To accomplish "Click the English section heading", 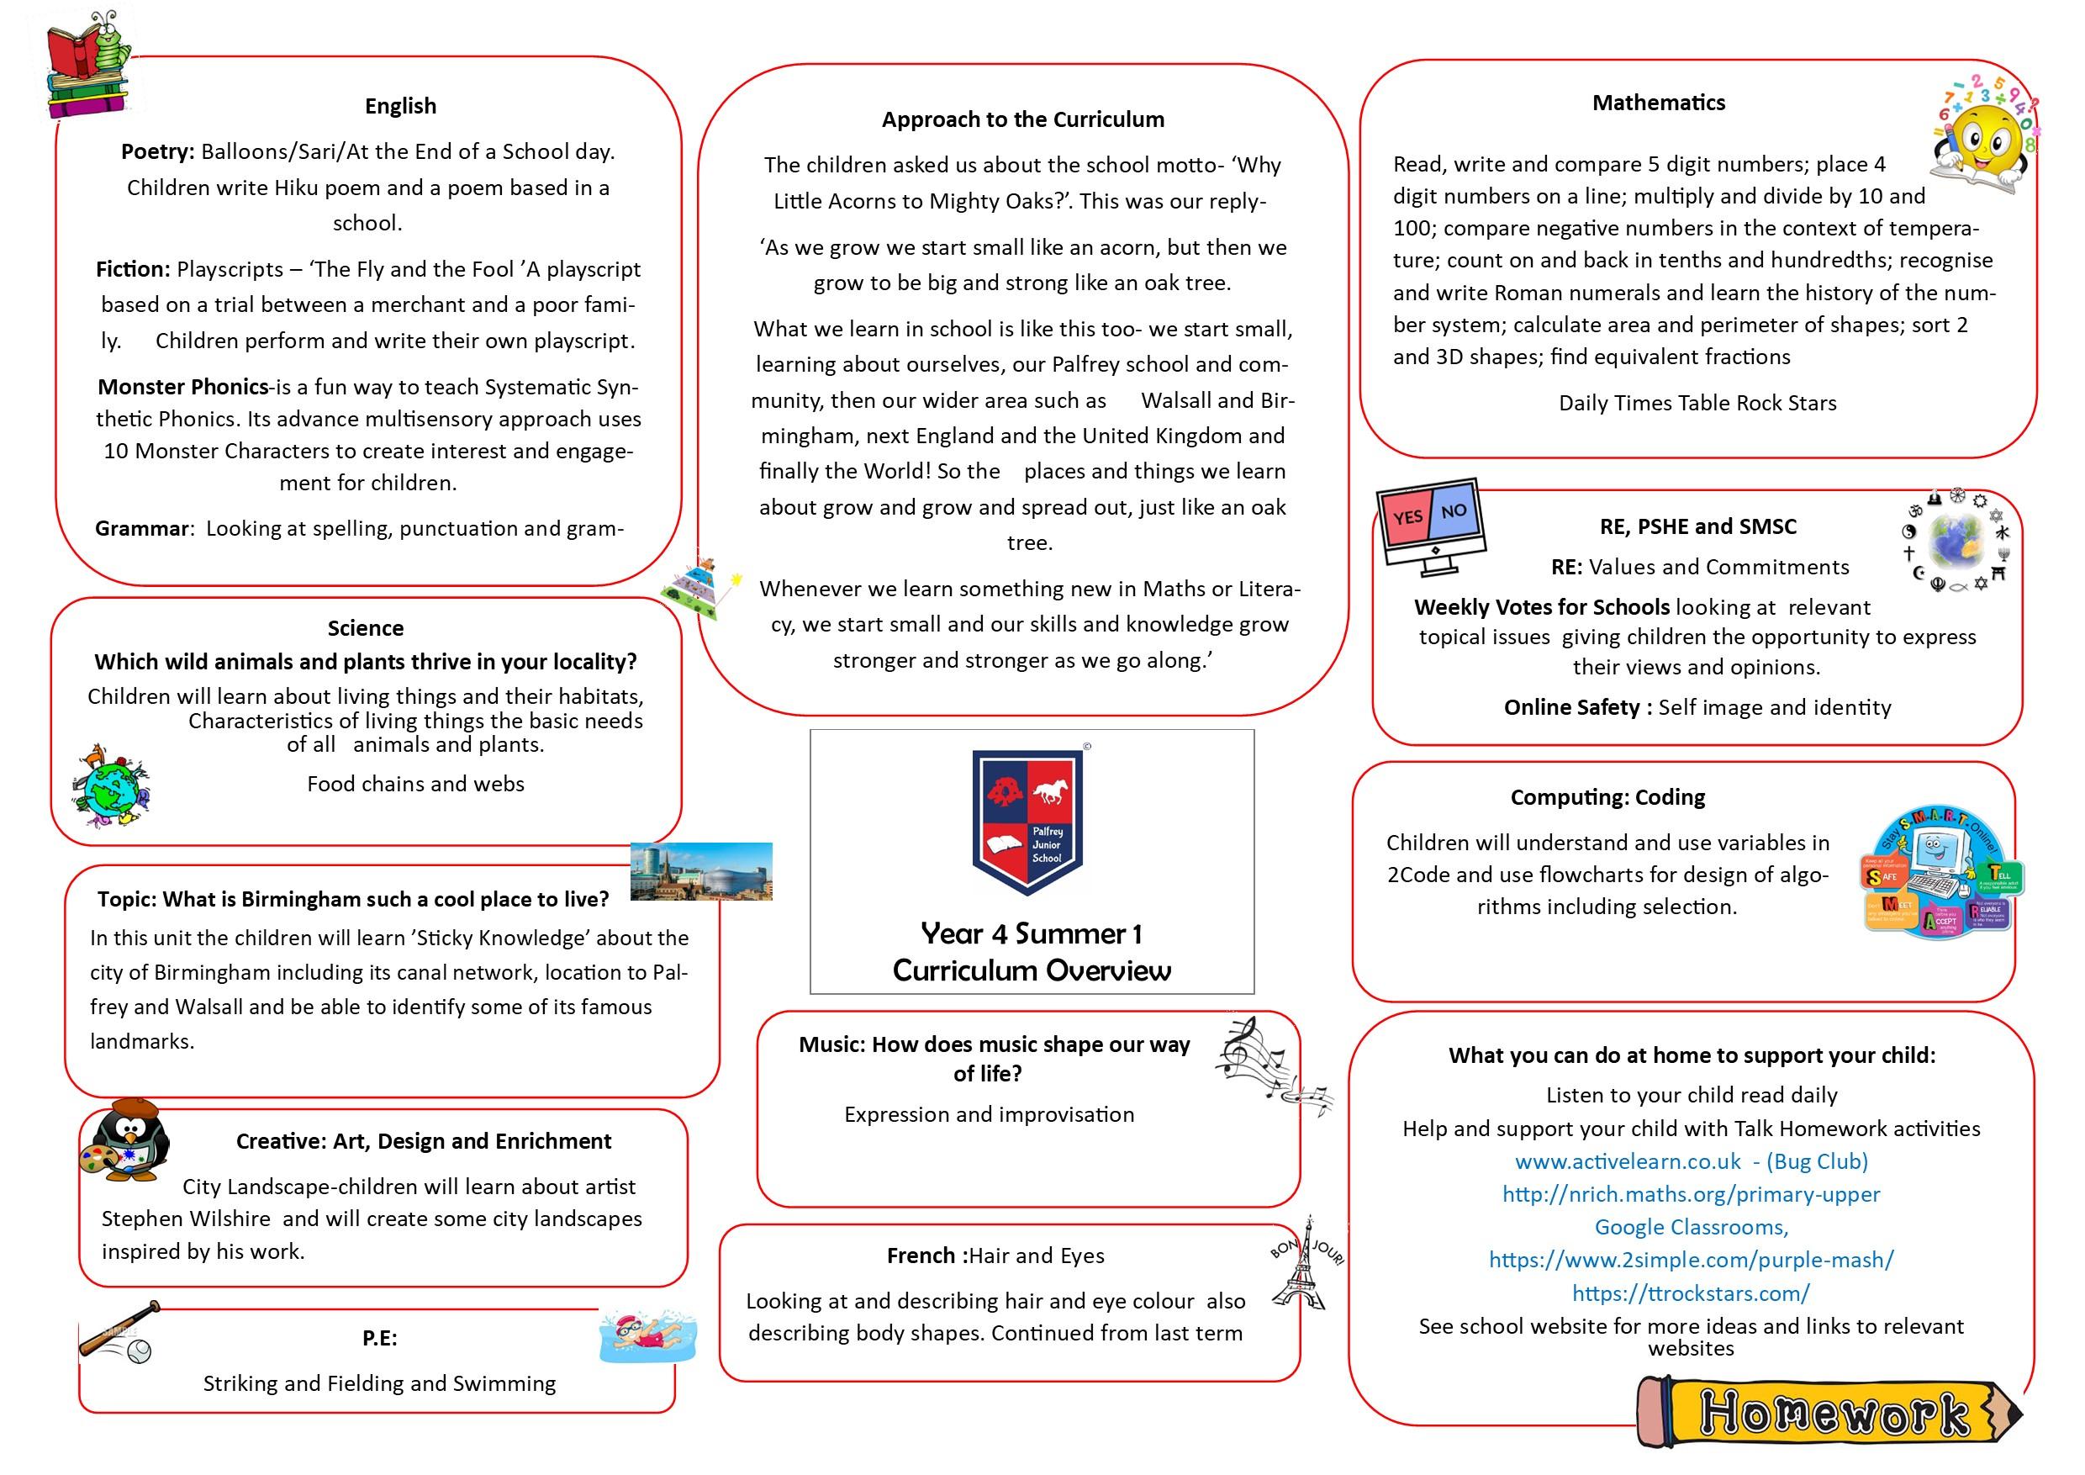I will coord(400,106).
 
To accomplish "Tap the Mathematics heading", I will coord(1658,103).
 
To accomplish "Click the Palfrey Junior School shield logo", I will coord(1028,821).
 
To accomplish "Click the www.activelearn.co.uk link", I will coord(1628,1161).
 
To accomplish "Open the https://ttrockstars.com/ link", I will coord(1691,1293).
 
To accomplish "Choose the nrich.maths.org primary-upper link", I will coord(1691,1194).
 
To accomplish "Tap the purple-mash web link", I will coord(1691,1260).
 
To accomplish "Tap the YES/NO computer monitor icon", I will coord(1430,525).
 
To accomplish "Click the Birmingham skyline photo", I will coord(701,871).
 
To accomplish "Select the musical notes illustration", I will coord(1270,1064).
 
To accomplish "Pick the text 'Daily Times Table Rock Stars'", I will coord(1697,404).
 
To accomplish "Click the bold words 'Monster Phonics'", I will coord(183,387).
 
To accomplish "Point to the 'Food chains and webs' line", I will coord(415,784).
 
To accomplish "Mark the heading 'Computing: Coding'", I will coord(1607,797).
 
